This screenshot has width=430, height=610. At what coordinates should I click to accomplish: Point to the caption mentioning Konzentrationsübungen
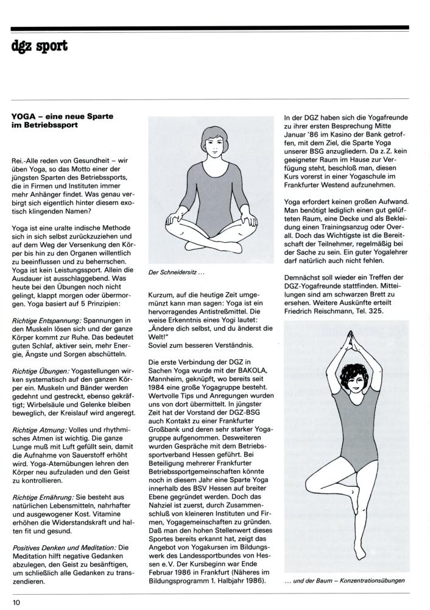pyautogui.click(x=344, y=580)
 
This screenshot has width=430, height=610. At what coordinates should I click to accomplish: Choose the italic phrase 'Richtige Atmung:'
pyautogui.click(x=38, y=430)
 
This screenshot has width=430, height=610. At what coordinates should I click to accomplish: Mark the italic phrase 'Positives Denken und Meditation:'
pyautogui.click(x=62, y=548)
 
